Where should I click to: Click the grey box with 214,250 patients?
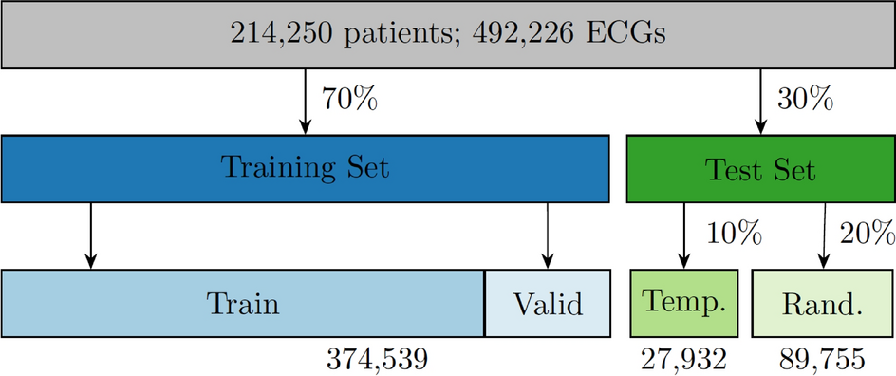tap(448, 35)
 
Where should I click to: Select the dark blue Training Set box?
tap(305, 169)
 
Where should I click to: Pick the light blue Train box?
tap(243, 304)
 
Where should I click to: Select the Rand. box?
tap(823, 304)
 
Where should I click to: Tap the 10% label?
tap(735, 234)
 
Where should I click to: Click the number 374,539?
tap(377, 360)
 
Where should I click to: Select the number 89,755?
tap(822, 360)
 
